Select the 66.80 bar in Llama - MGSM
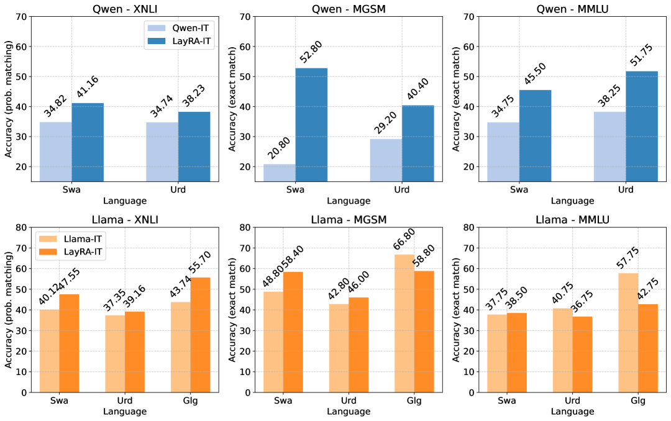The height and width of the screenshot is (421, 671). (404, 323)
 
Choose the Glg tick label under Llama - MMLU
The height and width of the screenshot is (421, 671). (638, 401)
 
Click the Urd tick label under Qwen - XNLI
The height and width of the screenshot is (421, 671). (178, 190)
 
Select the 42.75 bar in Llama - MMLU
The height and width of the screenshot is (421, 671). (648, 348)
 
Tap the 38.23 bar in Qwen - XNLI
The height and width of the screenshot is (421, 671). (194, 147)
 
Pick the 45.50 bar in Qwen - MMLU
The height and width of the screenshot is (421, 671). (535, 135)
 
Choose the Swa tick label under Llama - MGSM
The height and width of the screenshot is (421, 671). (283, 401)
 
